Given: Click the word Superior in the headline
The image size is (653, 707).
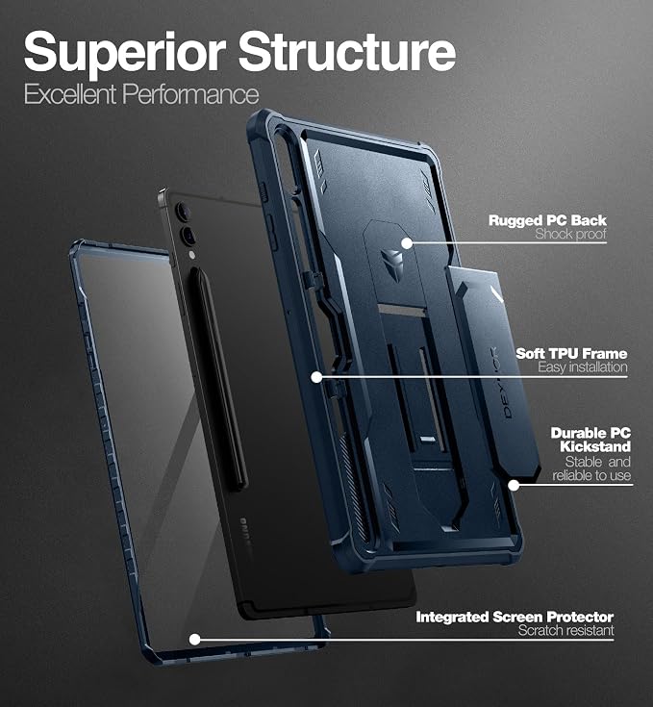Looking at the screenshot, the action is [x=125, y=53].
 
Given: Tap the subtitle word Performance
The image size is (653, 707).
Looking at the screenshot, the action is [x=190, y=94].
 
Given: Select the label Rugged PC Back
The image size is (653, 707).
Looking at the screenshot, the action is [x=547, y=220].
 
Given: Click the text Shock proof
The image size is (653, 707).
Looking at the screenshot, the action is [x=571, y=234].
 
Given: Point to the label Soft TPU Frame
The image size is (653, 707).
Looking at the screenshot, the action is [x=571, y=354].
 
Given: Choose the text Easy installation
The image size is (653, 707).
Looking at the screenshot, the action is [x=582, y=367].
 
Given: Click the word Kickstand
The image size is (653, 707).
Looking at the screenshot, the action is [x=595, y=447].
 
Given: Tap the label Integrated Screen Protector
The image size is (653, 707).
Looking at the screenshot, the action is [x=515, y=617].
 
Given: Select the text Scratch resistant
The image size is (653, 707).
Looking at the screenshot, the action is [x=566, y=630].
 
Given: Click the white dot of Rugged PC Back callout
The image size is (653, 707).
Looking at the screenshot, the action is [x=407, y=243].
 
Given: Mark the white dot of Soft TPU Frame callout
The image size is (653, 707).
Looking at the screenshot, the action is [x=316, y=377].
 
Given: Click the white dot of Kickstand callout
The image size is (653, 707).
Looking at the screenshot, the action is [x=514, y=485].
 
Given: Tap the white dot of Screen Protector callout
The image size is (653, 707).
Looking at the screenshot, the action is [x=194, y=640].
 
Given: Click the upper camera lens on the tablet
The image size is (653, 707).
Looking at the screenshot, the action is [x=183, y=211].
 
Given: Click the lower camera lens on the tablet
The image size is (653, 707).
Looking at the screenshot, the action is [x=188, y=236].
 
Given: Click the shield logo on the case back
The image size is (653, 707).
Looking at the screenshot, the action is [x=392, y=261].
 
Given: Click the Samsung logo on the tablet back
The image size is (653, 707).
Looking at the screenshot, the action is [x=244, y=532].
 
